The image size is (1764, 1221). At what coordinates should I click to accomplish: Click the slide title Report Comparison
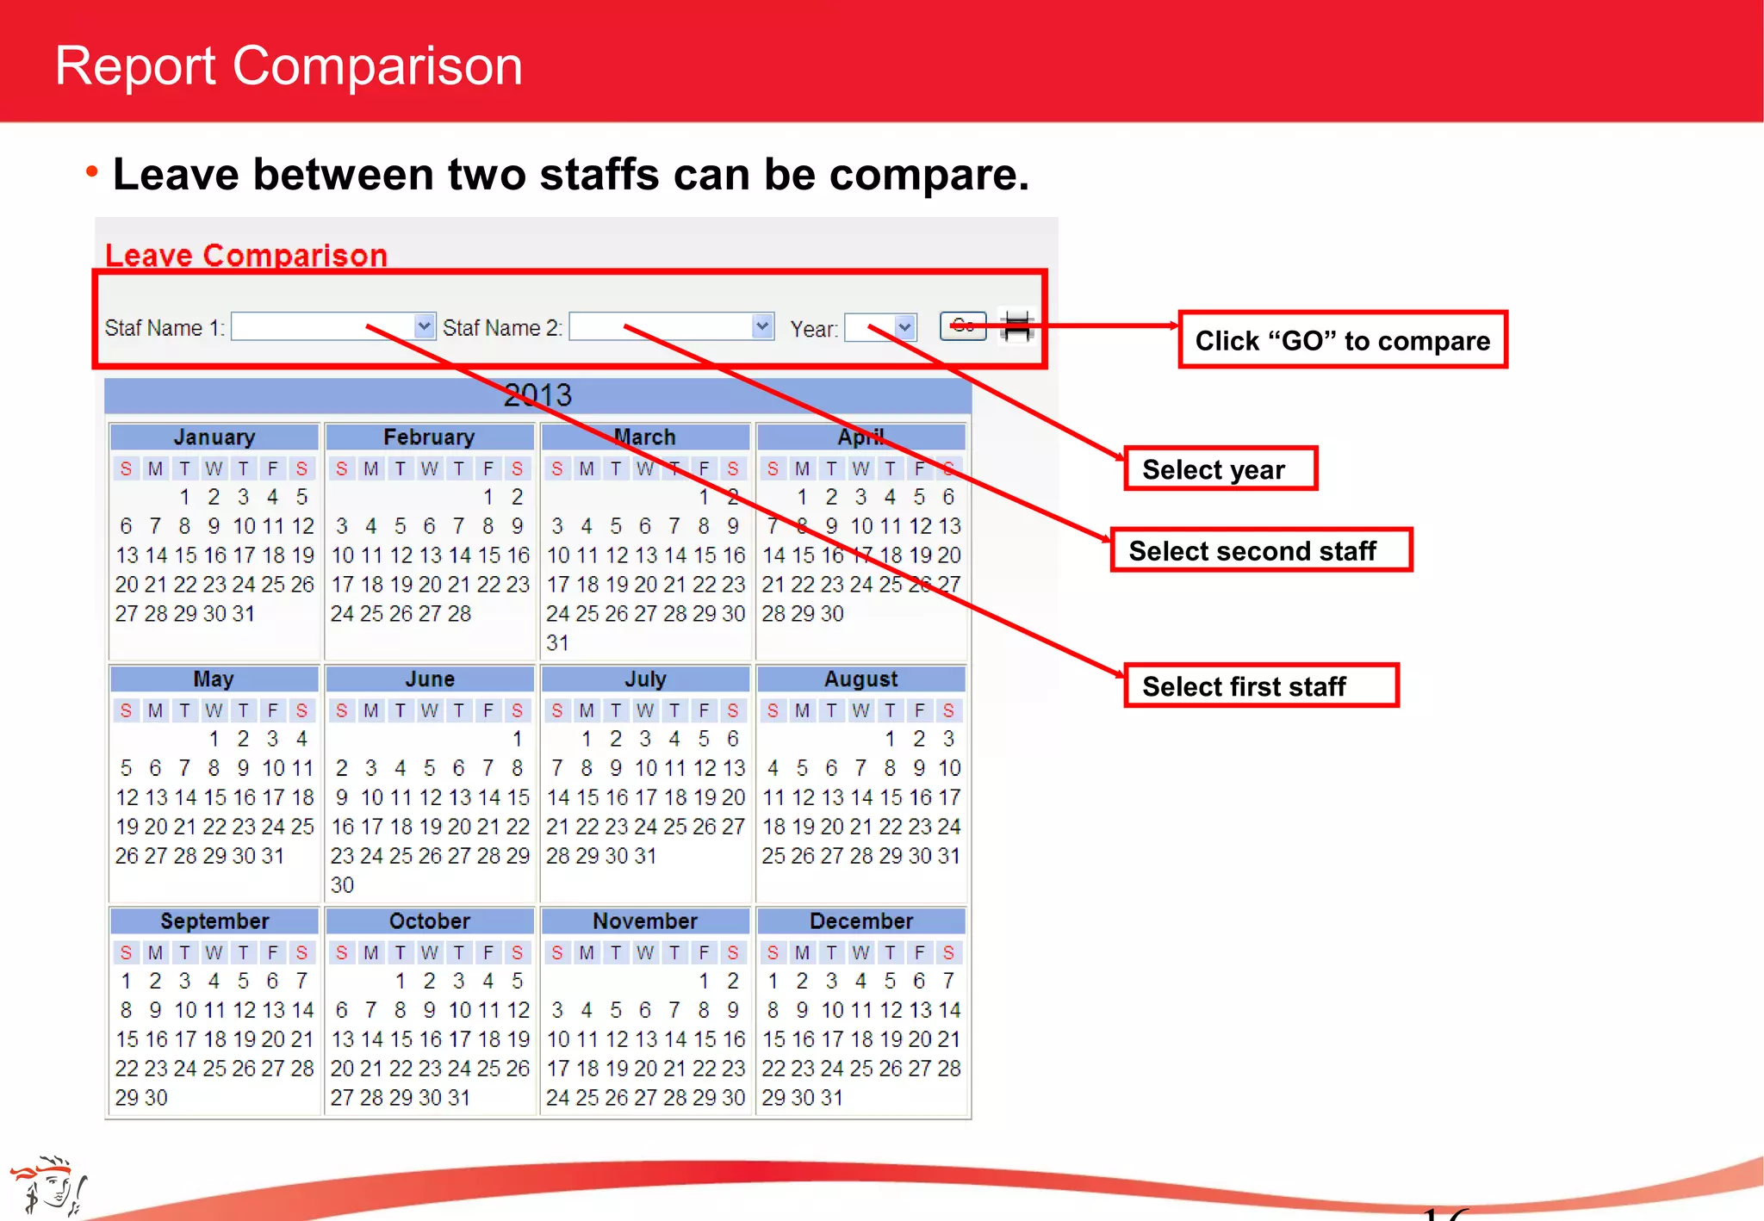tap(289, 65)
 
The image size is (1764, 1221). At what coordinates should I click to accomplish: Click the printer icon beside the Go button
tap(1017, 326)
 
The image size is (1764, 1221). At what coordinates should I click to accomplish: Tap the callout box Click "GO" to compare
tap(1342, 340)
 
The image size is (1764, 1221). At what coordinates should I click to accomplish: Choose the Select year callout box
tap(1221, 469)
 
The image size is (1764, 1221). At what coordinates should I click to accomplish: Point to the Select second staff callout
tap(1260, 551)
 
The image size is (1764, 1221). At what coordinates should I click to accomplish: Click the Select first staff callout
tap(1260, 686)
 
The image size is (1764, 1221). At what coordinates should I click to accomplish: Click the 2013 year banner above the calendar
tap(537, 395)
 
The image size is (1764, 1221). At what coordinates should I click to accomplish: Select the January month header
tap(214, 437)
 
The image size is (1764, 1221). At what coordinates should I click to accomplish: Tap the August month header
tap(860, 679)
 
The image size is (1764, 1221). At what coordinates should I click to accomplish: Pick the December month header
tap(860, 921)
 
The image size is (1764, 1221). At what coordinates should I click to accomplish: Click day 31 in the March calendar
tap(557, 643)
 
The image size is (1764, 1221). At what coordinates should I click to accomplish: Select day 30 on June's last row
tap(342, 885)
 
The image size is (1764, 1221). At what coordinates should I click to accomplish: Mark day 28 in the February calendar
tap(459, 614)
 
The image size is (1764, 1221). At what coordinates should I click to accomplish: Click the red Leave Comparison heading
tap(246, 256)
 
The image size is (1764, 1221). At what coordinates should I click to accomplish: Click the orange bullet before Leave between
tap(91, 172)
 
